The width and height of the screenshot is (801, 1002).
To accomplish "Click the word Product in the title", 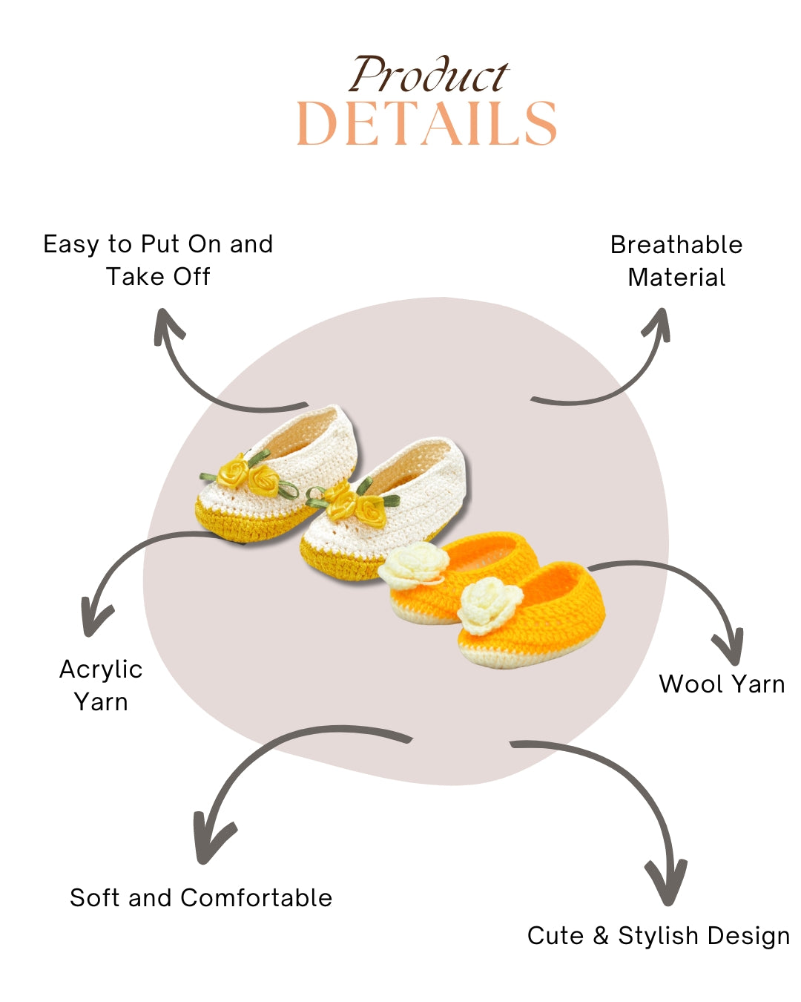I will (x=429, y=76).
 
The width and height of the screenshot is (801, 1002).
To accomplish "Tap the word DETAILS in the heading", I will (x=426, y=123).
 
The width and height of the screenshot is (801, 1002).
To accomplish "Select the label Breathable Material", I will (x=676, y=261).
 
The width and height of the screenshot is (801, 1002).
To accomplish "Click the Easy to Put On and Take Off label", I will (x=158, y=260).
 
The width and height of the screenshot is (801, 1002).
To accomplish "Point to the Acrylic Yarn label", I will (x=101, y=685).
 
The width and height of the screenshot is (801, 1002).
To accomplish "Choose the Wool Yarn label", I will (x=722, y=684).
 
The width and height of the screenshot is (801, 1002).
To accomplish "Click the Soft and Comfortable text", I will (x=201, y=897).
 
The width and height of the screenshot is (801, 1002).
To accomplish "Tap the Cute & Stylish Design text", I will (x=659, y=935).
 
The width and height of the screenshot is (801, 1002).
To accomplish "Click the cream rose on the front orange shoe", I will (x=481, y=606).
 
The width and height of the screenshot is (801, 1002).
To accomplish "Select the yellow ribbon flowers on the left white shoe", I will (x=248, y=475).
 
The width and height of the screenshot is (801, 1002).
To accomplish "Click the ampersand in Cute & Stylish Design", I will (x=601, y=935).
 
